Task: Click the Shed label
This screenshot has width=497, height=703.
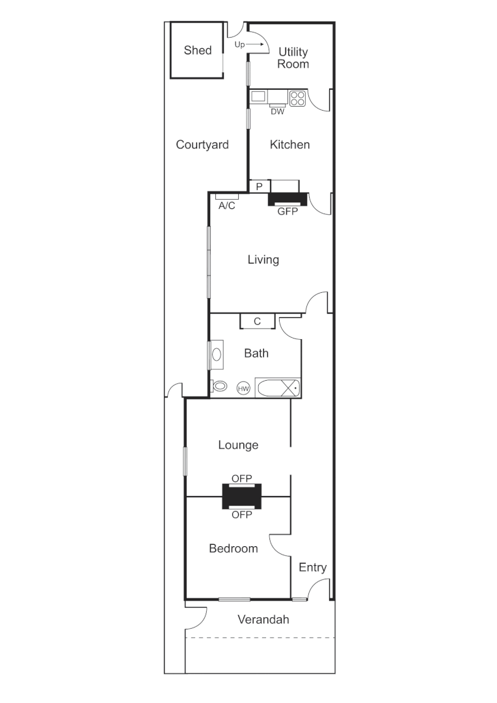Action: tap(198, 50)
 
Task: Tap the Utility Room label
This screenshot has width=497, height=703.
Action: tap(293, 58)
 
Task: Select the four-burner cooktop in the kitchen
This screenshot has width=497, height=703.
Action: tap(297, 98)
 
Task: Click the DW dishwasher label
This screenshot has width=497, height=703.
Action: tap(278, 111)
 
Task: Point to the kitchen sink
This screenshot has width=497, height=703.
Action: tap(259, 97)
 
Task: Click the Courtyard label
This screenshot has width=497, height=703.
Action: tap(202, 145)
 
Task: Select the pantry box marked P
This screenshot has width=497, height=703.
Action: tap(259, 187)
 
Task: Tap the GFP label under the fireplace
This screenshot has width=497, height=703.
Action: tap(287, 211)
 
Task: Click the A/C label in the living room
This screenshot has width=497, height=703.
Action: tap(227, 206)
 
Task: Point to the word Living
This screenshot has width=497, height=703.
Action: tap(263, 260)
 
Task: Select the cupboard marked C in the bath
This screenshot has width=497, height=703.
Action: tap(257, 321)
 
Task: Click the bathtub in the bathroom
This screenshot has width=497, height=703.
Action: tap(278, 388)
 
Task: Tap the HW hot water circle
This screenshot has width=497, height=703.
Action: tap(243, 389)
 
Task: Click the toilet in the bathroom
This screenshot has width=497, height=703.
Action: tap(220, 386)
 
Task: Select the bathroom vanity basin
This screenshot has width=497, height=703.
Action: tap(217, 355)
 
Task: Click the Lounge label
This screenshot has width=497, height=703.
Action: tap(238, 445)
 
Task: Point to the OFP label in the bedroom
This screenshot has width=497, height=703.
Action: tap(242, 514)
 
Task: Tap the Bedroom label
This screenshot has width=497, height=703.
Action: tap(234, 549)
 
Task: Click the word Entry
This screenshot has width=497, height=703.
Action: tap(312, 568)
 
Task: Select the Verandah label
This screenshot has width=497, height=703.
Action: tap(263, 619)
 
